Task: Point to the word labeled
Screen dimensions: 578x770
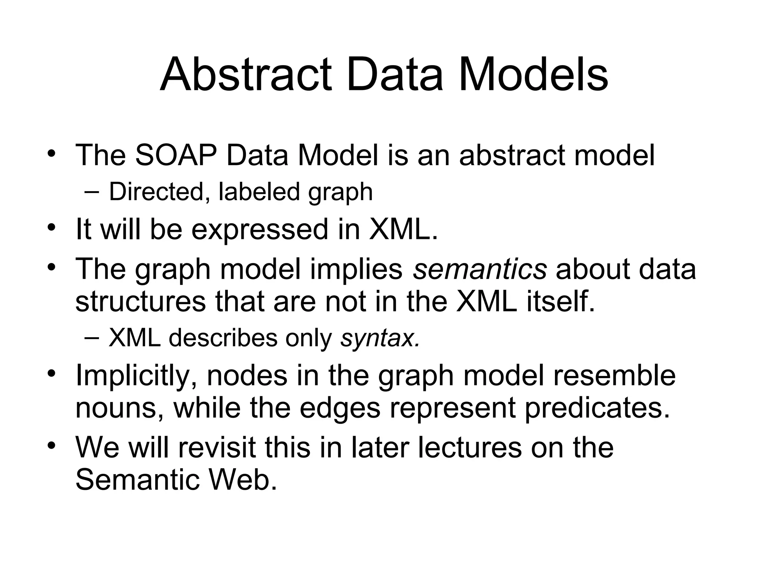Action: pyautogui.click(x=259, y=192)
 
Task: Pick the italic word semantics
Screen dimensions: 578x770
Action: pyautogui.click(x=480, y=269)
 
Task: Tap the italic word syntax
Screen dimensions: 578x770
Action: pyautogui.click(x=379, y=338)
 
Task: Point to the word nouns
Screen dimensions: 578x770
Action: pyautogui.click(x=120, y=408)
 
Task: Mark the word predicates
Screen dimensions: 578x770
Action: pyautogui.click(x=597, y=408)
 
